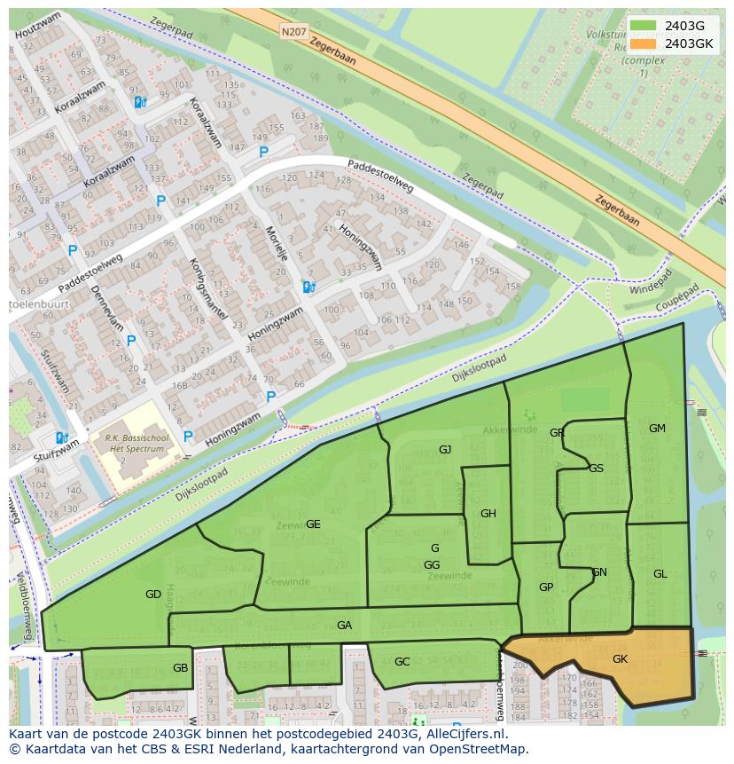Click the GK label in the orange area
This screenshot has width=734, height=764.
620,659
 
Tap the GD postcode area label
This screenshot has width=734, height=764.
153,595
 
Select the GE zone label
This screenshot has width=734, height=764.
313,524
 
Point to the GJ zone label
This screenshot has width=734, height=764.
445,450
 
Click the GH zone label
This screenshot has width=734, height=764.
488,514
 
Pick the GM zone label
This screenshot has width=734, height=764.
657,429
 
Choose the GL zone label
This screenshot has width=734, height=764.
660,574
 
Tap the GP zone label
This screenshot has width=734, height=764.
546,587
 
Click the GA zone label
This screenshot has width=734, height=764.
345,626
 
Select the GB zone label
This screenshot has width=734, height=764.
181,668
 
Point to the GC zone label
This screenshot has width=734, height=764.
402,662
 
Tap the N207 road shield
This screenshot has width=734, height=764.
293,32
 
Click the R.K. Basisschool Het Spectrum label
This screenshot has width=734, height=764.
137,444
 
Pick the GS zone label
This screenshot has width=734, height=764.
597,469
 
